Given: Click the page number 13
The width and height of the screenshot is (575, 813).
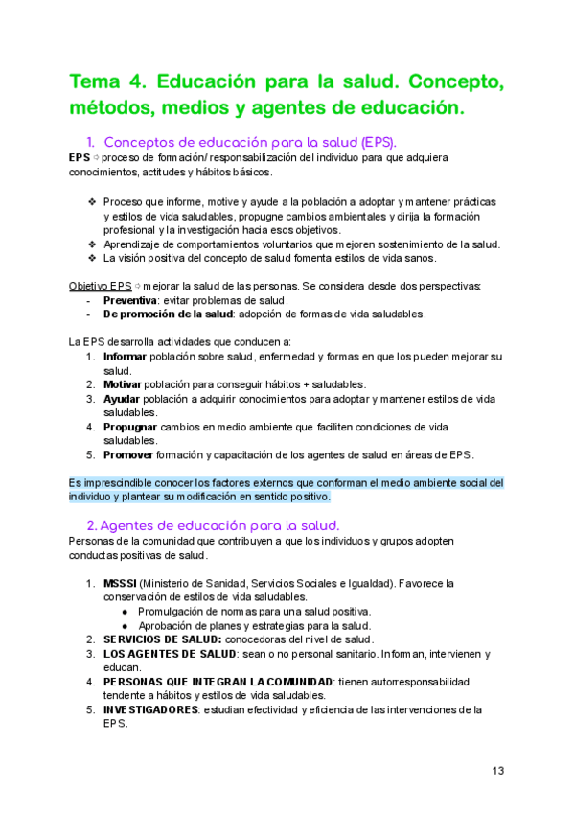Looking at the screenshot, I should (498, 771).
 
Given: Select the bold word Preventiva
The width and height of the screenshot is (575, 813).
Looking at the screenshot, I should (129, 300).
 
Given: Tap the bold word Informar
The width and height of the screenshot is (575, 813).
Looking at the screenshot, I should (126, 357).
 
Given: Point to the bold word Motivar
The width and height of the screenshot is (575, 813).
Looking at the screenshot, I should (124, 384).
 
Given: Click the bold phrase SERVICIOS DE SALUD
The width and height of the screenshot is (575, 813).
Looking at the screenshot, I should (163, 639).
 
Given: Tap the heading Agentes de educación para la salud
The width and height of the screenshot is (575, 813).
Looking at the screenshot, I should (219, 524).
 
